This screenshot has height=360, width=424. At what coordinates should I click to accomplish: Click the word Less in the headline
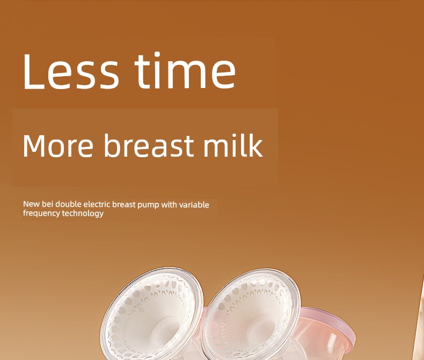[x=71, y=71]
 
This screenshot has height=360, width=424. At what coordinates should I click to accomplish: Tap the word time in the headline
[x=185, y=70]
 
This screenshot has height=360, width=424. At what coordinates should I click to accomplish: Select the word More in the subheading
[x=58, y=145]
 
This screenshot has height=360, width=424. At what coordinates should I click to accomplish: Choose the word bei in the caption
[x=47, y=204]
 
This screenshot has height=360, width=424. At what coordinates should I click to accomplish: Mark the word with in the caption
[x=169, y=204]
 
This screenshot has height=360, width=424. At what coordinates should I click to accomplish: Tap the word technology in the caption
[x=83, y=214]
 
